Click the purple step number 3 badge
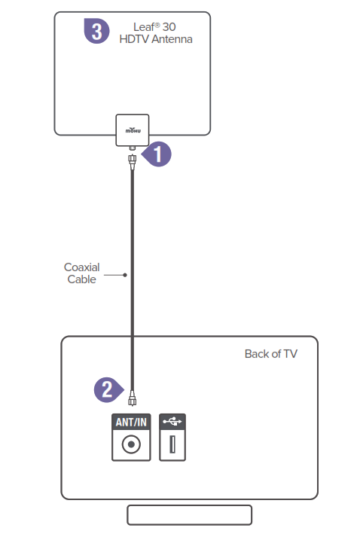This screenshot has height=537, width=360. (97, 31)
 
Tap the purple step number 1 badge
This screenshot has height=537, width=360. (157, 154)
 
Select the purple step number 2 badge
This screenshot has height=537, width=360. (108, 389)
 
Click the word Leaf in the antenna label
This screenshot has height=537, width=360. (144, 26)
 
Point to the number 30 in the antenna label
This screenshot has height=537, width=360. (169, 27)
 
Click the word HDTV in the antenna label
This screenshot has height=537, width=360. (134, 39)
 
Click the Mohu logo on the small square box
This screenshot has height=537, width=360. (133, 130)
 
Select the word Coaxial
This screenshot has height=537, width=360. (82, 267)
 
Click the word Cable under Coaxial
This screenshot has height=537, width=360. (82, 279)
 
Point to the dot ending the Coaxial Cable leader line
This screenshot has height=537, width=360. (125, 275)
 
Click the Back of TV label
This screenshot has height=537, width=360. (271, 354)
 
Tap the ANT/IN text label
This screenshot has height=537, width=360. (131, 422)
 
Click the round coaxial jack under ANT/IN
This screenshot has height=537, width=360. (131, 444)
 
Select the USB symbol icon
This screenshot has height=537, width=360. (172, 421)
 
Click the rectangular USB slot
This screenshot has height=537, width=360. (172, 444)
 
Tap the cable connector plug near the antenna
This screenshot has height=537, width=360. (133, 160)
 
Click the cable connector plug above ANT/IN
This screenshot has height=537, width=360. (133, 398)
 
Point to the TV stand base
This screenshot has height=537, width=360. (190, 514)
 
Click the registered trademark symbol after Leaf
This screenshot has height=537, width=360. (157, 25)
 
